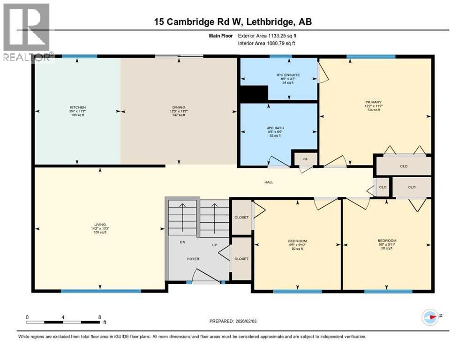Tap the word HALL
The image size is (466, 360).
coord(268,182)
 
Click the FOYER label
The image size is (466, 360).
coord(193,259)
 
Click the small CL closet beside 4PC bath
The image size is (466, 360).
coord(305,159)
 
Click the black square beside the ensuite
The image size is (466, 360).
coord(253,93)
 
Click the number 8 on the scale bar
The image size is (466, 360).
coord(99,317)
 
